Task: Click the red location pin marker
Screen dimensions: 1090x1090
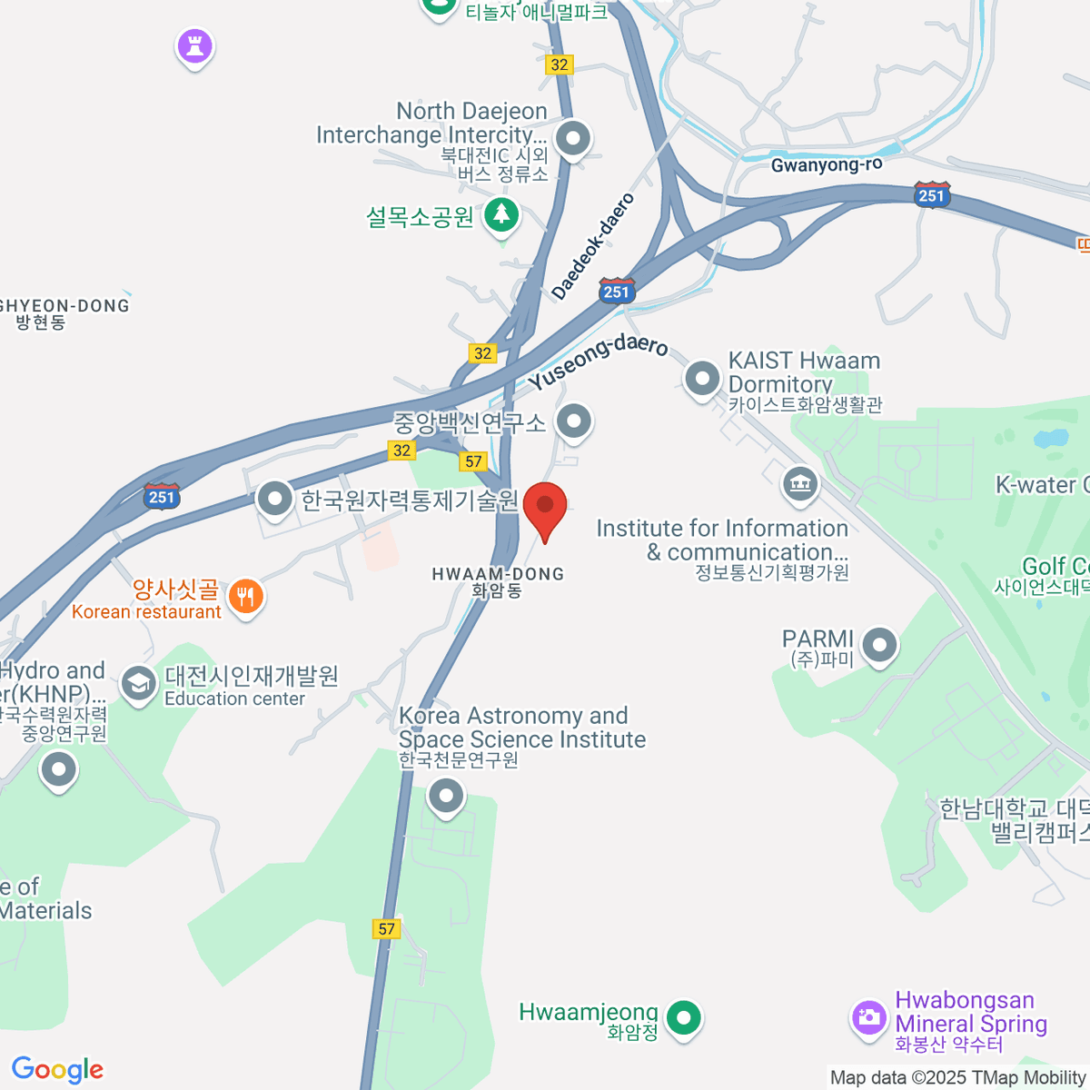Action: [545, 507]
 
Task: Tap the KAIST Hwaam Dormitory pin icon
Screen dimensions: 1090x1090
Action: [702, 379]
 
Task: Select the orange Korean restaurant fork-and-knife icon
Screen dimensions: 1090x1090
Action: [245, 597]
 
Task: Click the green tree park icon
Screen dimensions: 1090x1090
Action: [501, 216]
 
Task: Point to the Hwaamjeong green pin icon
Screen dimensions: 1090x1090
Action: [683, 1016]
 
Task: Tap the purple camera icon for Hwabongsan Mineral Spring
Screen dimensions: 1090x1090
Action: [869, 1016]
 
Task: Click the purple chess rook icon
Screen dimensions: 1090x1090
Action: [194, 45]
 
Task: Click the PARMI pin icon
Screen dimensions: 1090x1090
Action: [878, 646]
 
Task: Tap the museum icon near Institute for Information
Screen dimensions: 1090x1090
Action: [799, 484]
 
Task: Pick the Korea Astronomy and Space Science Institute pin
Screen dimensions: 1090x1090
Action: [445, 797]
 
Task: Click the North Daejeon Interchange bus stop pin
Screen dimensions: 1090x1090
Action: [572, 140]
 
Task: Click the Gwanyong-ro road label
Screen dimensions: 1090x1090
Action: [826, 164]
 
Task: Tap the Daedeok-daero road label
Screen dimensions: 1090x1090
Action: [592, 245]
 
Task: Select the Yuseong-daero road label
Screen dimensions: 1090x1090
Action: [599, 361]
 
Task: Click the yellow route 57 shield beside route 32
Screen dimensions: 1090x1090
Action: [473, 461]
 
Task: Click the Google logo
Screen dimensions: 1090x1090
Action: [57, 1069]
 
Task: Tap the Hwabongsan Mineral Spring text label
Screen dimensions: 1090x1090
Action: [970, 1012]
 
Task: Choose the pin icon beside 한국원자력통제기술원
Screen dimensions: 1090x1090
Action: [273, 498]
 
